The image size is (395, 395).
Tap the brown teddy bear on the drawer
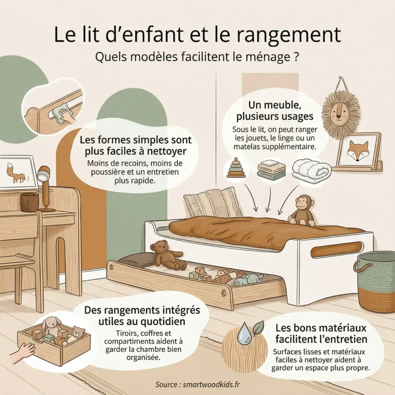[x=165, y=255]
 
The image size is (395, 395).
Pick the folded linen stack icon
[x=271, y=169]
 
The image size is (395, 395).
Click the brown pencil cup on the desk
[x=29, y=202]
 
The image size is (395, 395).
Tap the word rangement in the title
[x=290, y=35]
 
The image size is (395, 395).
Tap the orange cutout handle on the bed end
[x=336, y=250]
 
